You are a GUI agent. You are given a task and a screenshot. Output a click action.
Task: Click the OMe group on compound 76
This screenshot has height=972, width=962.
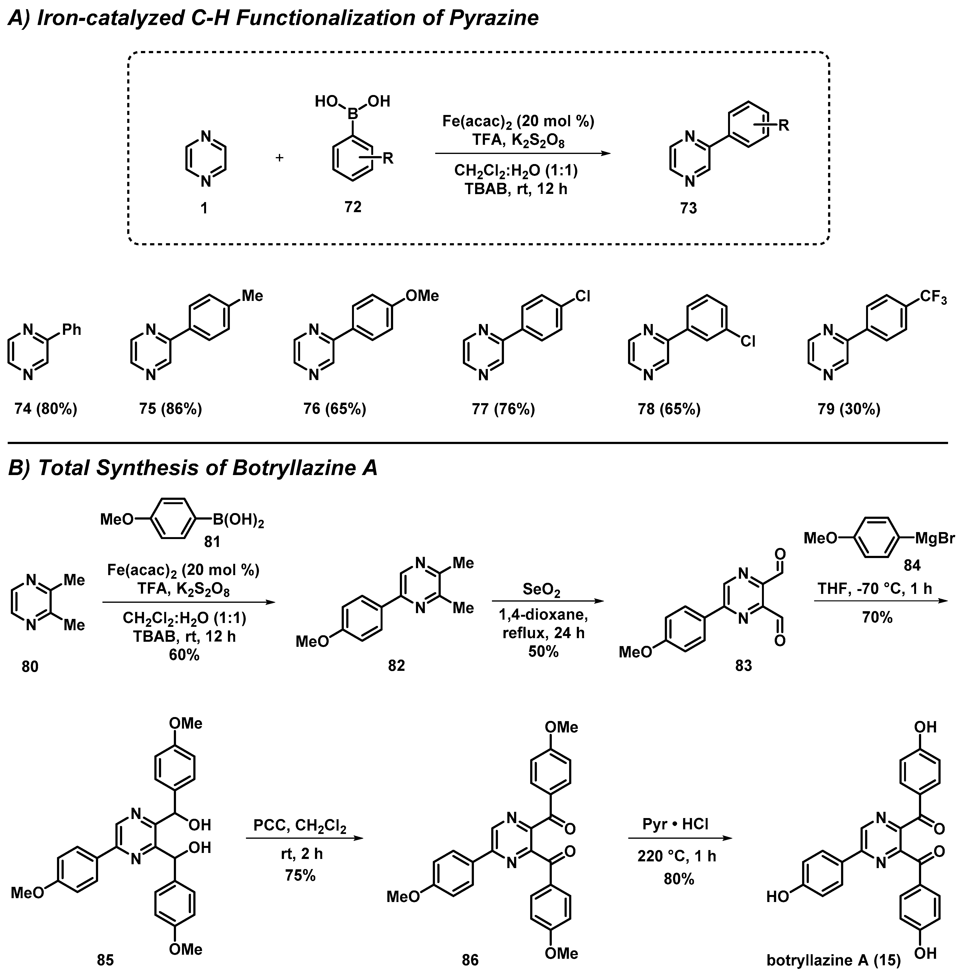point(422,296)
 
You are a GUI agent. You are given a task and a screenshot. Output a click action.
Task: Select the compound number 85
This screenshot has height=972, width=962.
point(105,960)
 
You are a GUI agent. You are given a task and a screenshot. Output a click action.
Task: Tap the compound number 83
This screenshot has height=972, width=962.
point(743,666)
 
